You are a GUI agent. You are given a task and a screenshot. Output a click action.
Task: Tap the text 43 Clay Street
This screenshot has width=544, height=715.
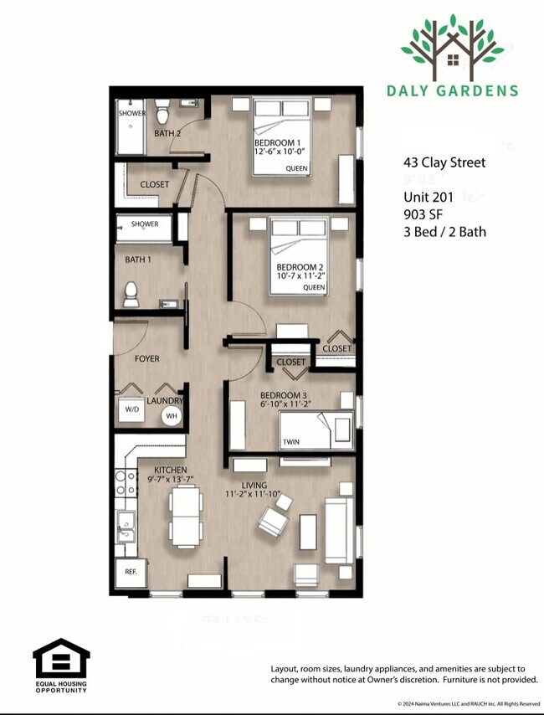(444, 162)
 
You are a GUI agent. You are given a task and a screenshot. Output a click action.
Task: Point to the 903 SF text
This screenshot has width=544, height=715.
(423, 214)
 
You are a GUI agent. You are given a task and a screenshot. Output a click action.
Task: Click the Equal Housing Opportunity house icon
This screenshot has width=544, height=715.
(61, 660)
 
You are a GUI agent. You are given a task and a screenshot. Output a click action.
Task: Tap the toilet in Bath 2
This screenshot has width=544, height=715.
(163, 111)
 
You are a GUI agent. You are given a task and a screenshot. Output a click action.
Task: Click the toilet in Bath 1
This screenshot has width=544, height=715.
(131, 294)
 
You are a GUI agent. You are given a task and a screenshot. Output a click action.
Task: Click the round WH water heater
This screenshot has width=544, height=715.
(171, 415)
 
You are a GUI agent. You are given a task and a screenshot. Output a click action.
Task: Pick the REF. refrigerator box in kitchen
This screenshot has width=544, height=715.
(131, 573)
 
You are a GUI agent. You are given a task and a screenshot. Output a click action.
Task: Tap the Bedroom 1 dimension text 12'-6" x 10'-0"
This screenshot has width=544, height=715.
(281, 153)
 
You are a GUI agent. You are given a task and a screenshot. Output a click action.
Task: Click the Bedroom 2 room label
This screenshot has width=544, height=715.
(300, 265)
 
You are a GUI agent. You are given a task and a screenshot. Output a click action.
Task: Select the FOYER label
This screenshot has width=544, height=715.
(146, 359)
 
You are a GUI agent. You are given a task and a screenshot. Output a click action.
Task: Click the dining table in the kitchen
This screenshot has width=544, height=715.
(186, 514)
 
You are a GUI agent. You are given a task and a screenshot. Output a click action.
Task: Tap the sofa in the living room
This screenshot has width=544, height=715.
(338, 530)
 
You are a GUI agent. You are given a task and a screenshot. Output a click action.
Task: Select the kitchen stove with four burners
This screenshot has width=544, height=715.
(125, 484)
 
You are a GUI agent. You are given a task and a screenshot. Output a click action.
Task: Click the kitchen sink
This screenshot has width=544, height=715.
(126, 526)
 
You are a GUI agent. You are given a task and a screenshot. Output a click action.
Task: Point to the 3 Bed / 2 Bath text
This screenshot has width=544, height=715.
(444, 232)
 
